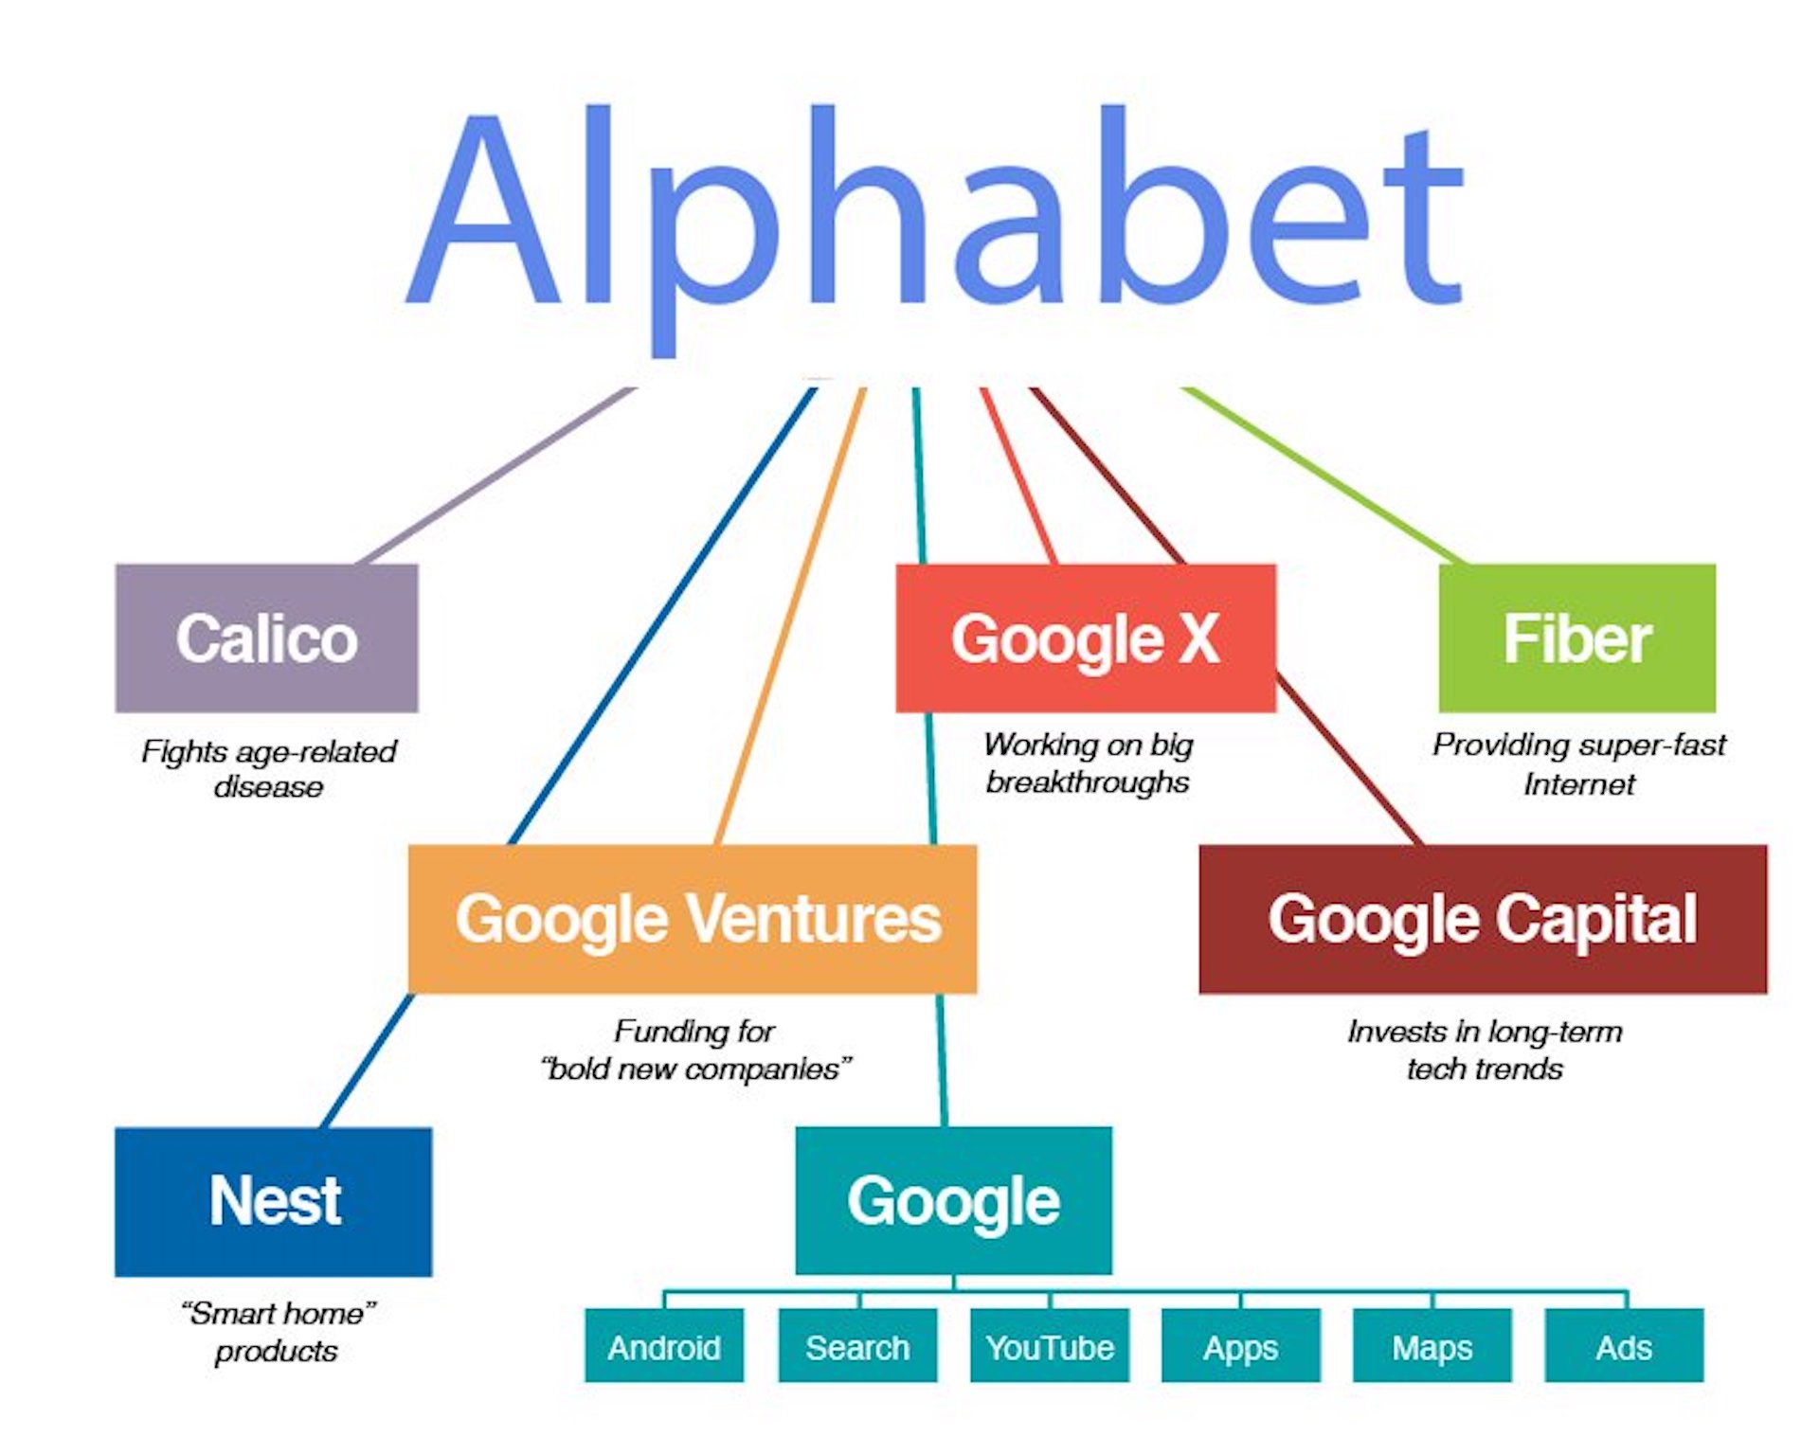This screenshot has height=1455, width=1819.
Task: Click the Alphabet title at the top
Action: (934, 227)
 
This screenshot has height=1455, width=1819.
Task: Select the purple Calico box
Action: (266, 638)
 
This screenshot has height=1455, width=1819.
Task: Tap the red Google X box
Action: (1086, 638)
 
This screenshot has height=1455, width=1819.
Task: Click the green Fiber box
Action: (1576, 638)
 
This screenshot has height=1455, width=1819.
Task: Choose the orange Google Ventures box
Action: (693, 919)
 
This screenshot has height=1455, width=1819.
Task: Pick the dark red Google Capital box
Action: (1483, 919)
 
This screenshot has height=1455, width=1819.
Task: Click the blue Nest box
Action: (274, 1201)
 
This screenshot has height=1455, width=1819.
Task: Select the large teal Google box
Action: (953, 1200)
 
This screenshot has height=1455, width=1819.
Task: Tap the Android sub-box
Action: (664, 1345)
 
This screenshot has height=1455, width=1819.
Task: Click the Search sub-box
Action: (857, 1345)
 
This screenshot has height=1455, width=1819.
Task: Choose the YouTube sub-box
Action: (1050, 1345)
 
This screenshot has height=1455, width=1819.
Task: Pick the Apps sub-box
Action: (1241, 1345)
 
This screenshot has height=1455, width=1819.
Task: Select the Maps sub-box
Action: (1432, 1345)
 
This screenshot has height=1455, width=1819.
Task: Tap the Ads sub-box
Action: (1624, 1345)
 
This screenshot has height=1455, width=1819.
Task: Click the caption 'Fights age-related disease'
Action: (269, 768)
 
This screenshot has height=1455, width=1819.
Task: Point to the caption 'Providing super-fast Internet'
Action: (1579, 763)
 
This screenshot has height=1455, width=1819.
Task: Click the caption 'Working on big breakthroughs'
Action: (1088, 763)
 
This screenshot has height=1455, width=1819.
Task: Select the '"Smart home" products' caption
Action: (277, 1331)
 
